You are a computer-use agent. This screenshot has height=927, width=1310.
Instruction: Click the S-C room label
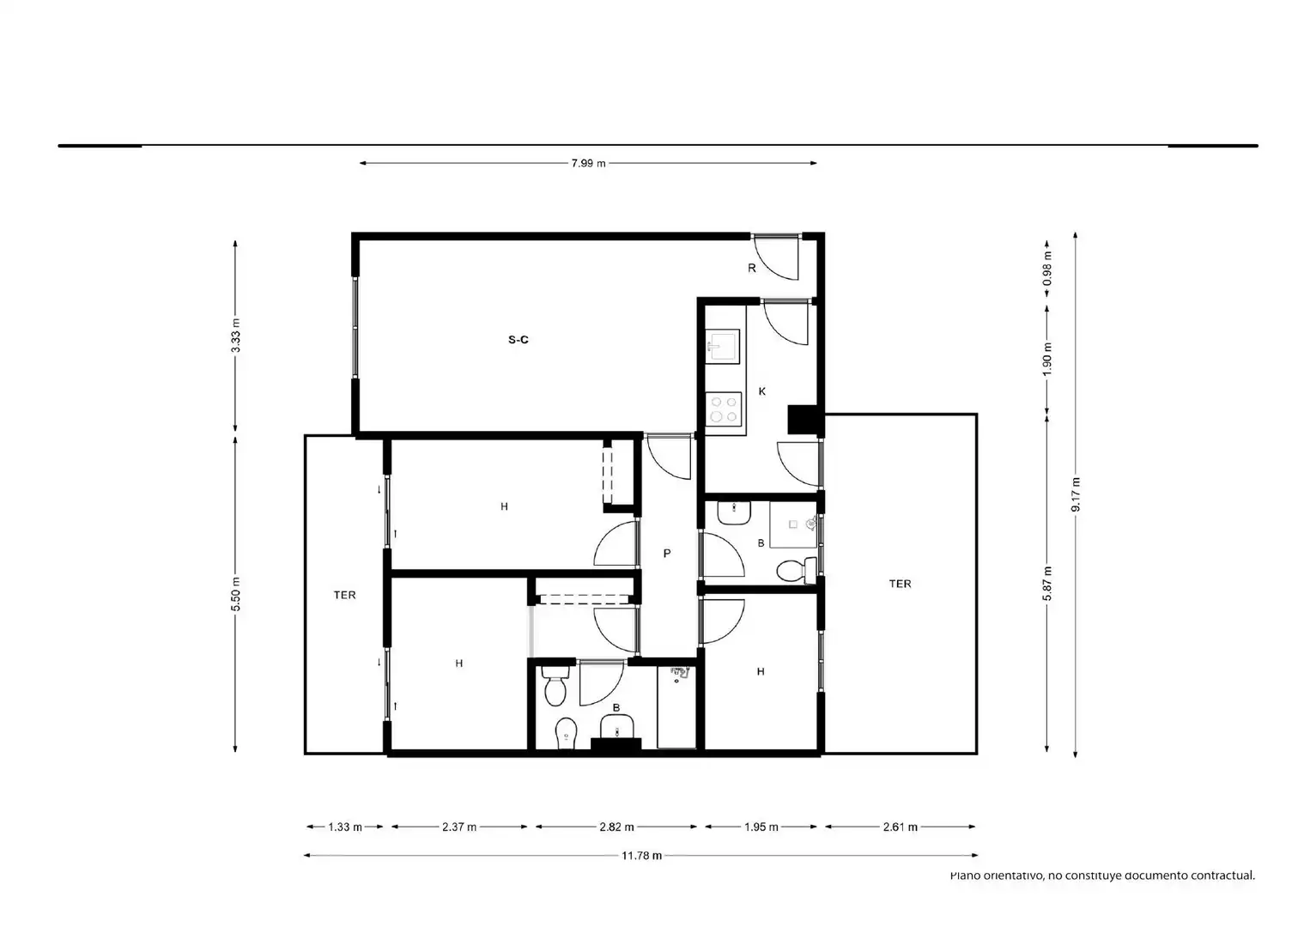pyautogui.click(x=519, y=340)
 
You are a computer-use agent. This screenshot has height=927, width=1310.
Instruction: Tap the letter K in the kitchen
pyautogui.click(x=762, y=391)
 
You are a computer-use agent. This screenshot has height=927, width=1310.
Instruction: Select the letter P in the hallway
pyautogui.click(x=667, y=554)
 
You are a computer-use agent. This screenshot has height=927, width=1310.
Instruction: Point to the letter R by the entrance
pyautogui.click(x=752, y=268)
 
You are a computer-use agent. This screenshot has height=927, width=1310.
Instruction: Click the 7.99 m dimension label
pyautogui.click(x=588, y=163)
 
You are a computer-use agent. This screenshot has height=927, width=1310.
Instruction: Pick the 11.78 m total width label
pyautogui.click(x=641, y=856)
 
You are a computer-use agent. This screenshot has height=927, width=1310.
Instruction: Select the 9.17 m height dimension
pyautogui.click(x=1076, y=494)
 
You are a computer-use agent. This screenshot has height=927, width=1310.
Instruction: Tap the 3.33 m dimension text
pyautogui.click(x=236, y=336)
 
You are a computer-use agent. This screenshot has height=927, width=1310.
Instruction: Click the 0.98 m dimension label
pyautogui.click(x=1046, y=269)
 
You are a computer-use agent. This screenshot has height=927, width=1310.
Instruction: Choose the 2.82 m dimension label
pyautogui.click(x=616, y=827)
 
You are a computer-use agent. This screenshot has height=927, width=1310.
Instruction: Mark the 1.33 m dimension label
pyautogui.click(x=345, y=827)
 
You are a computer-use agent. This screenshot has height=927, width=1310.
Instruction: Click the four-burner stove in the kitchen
pyautogui.click(x=724, y=409)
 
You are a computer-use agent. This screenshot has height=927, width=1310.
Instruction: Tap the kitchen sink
pyautogui.click(x=722, y=346)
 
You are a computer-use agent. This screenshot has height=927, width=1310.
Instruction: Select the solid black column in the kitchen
pyautogui.click(x=803, y=420)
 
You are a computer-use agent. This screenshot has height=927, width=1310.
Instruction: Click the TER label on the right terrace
pyautogui.click(x=900, y=584)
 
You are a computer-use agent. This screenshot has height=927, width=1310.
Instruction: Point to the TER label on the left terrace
pyautogui.click(x=344, y=596)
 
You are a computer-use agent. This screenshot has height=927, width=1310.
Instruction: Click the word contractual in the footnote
pyautogui.click(x=1222, y=875)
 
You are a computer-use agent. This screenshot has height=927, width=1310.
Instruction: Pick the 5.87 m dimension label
pyautogui.click(x=1046, y=584)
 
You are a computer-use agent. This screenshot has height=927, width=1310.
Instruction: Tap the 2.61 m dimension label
pyautogui.click(x=900, y=827)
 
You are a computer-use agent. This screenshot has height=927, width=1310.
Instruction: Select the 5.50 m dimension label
pyautogui.click(x=236, y=594)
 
